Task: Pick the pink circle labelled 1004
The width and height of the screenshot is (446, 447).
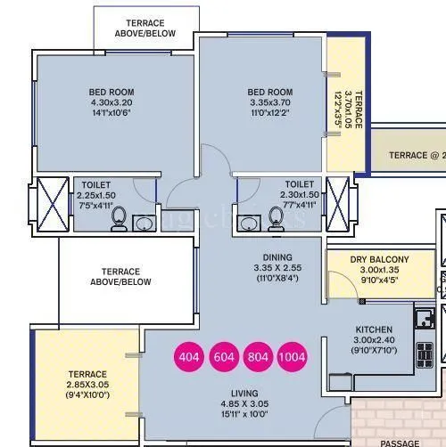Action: pyautogui.click(x=292, y=357)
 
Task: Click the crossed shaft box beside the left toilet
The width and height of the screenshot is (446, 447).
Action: pyautogui.click(x=52, y=204)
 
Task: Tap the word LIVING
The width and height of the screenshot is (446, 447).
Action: pyautogui.click(x=244, y=393)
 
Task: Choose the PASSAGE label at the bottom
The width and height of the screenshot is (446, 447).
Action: pyautogui.click(x=399, y=443)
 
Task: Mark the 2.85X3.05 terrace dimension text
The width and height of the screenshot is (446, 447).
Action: pyautogui.click(x=87, y=386)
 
